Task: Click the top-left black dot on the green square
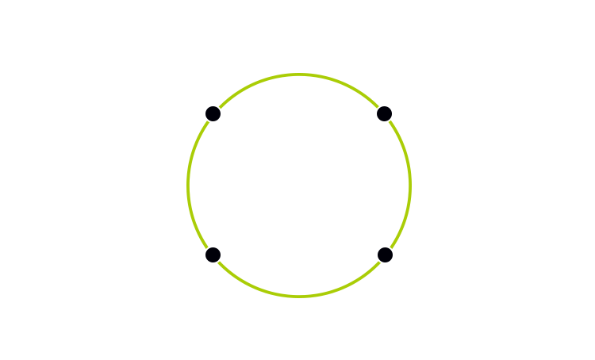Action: point(213,114)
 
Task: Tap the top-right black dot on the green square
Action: point(385,114)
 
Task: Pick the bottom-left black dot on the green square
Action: point(213,255)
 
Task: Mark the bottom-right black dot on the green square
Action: point(385,255)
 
